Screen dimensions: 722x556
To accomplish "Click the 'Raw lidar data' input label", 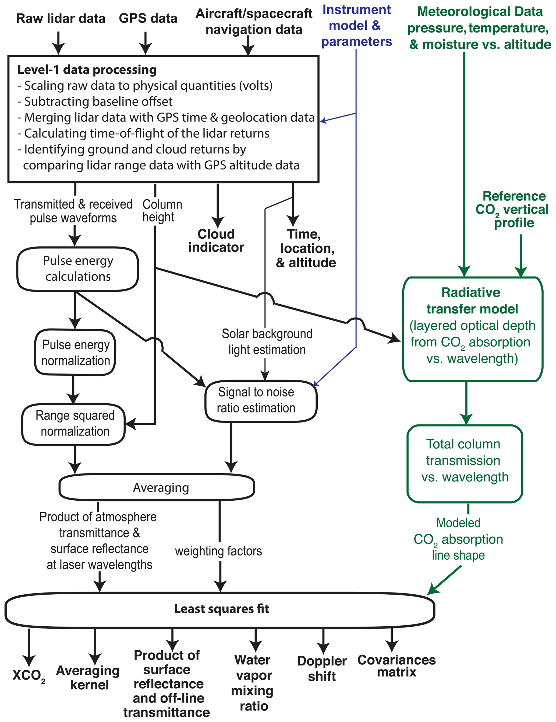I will coord(61,19).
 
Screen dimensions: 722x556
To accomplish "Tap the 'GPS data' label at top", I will coord(148,19).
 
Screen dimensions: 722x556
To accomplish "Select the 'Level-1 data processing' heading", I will coord(87,70).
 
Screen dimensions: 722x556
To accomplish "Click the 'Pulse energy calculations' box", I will coord(78,268).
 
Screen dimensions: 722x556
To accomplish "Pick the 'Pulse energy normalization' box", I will coord(75,353).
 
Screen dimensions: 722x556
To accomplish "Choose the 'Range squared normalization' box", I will coord(75,424).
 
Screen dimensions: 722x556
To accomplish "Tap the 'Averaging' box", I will coord(161,488).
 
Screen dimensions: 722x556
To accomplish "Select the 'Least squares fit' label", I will coord(222,609).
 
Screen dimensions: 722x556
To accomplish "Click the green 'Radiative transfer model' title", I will coord(472,301).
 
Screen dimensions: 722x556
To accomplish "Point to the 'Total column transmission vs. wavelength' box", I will coord(465,461).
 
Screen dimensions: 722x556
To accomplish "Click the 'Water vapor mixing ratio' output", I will coord(253,683).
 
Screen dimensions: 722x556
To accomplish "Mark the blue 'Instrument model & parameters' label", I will coord(357,26).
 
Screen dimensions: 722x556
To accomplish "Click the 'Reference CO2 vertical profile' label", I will coord(512,210).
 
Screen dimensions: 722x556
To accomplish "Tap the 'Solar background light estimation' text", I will coord(267,341).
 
